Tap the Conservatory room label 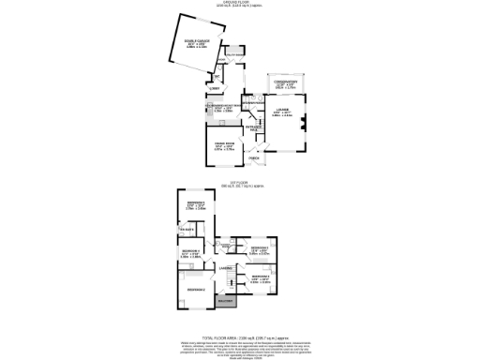[285, 83]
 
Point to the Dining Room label [224, 144]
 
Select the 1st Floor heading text [240, 182]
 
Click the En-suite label [185, 230]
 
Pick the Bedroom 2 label [195, 290]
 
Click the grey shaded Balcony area [226, 301]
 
